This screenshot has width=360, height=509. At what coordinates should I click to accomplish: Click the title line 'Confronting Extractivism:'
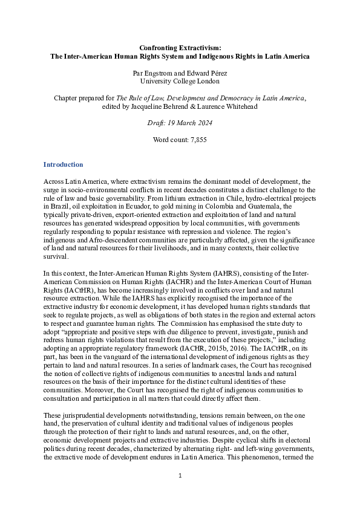tap(180, 47)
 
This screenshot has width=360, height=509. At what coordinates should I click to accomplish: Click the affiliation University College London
tap(180, 80)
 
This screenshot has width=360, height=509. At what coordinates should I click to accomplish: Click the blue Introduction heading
tap(63, 165)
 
